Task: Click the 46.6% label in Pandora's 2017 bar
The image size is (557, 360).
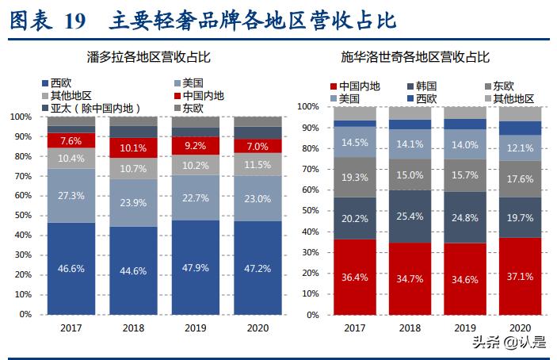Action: (71, 269)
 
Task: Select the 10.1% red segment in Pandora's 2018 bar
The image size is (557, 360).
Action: (133, 147)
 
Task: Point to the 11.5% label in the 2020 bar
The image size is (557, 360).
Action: (257, 164)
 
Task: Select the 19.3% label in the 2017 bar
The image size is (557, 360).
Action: (354, 179)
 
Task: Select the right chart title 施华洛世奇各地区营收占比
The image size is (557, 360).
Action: (426, 57)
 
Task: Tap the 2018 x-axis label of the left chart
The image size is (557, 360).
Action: (133, 326)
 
